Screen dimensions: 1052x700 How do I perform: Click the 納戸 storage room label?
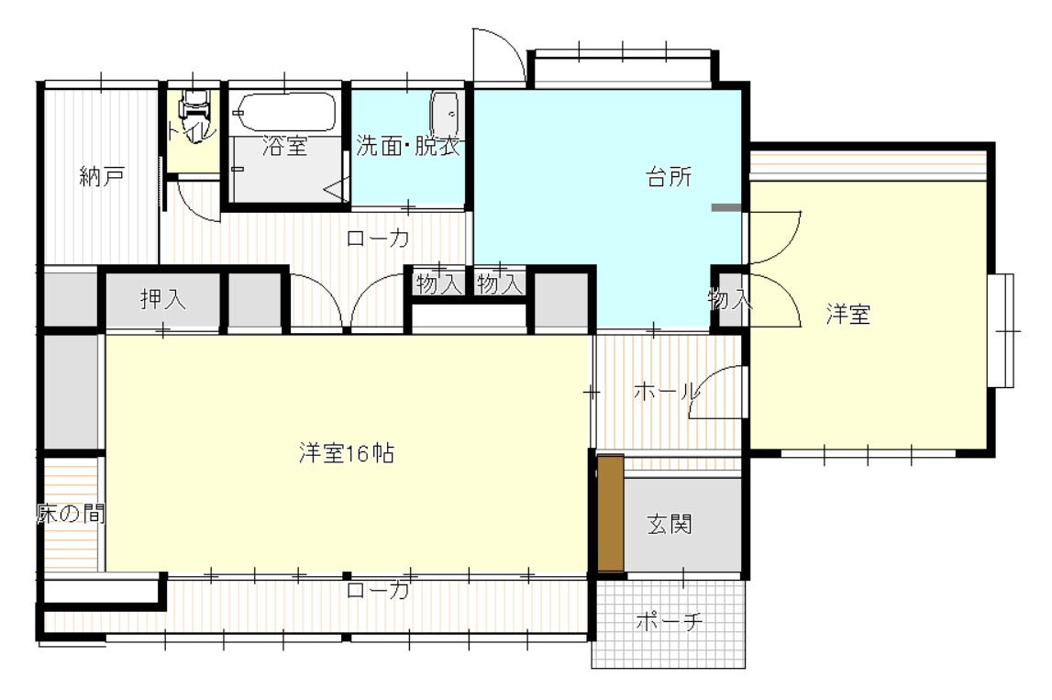(x=101, y=176)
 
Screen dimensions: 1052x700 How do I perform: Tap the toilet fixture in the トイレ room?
(x=194, y=107)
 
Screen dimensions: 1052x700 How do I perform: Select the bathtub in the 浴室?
(x=286, y=112)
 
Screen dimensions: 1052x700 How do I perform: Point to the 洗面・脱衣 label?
(x=408, y=146)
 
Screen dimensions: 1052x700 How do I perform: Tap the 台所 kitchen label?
(x=669, y=177)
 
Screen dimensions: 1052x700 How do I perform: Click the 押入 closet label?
(x=163, y=299)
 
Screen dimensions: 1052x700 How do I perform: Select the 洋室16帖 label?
(x=346, y=454)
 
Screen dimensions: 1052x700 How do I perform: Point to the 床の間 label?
(x=71, y=514)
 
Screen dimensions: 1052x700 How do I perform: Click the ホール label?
(x=666, y=391)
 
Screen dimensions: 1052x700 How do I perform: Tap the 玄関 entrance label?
(x=670, y=524)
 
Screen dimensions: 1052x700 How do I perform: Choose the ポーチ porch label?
(x=669, y=621)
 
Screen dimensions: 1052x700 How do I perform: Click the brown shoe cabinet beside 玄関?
(x=611, y=514)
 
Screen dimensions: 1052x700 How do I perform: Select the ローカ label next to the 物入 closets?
(x=378, y=239)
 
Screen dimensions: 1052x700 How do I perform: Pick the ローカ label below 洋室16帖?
(x=378, y=590)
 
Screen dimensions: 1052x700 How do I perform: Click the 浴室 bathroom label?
(x=284, y=146)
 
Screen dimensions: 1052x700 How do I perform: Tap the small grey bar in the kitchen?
(x=726, y=208)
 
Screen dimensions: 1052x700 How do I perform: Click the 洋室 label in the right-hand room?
(x=848, y=314)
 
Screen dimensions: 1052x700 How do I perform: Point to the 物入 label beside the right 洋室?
(x=729, y=299)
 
